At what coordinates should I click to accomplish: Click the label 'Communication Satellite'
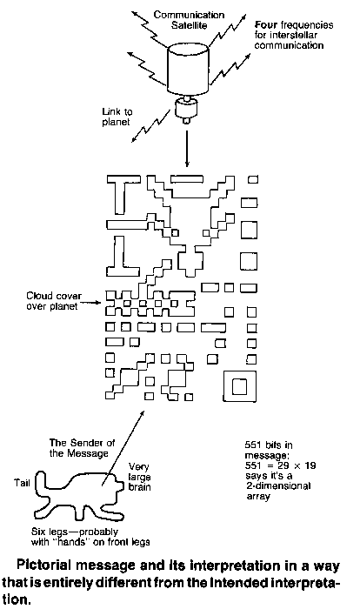(189, 20)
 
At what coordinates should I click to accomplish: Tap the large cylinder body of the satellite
(188, 70)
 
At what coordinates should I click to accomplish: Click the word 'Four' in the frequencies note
(266, 25)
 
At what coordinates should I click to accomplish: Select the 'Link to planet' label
(117, 117)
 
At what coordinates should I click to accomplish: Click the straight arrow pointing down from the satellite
(187, 149)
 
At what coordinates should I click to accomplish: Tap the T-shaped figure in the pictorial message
(123, 194)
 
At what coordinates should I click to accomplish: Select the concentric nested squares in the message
(240, 385)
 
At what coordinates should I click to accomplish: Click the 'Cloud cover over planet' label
(54, 301)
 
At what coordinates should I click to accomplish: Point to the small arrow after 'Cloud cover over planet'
(91, 303)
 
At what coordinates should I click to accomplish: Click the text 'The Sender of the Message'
(82, 448)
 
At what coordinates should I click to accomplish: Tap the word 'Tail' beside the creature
(22, 483)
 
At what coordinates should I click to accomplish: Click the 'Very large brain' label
(139, 477)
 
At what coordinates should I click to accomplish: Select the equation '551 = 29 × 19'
(280, 465)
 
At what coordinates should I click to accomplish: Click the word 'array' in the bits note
(258, 496)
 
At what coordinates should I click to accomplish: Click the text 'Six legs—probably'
(75, 532)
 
